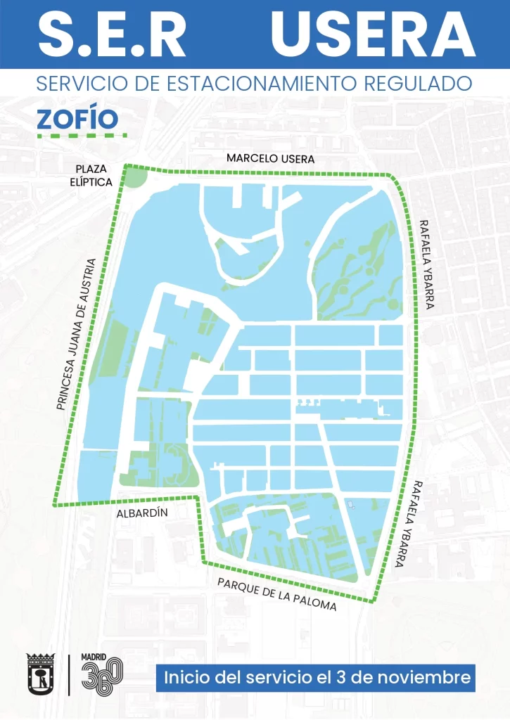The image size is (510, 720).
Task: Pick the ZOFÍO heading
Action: (x=77, y=117)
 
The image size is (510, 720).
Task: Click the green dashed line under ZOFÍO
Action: (x=81, y=134)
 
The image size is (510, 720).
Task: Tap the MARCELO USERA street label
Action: (x=270, y=159)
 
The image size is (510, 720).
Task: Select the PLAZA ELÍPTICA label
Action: (x=94, y=176)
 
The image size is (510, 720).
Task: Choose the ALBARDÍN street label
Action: (x=143, y=513)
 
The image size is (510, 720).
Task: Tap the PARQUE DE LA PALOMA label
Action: (x=276, y=595)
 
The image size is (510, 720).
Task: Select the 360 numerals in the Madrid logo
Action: (x=101, y=678)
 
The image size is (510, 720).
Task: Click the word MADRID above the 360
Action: (x=94, y=657)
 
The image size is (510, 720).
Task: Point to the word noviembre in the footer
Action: (x=429, y=678)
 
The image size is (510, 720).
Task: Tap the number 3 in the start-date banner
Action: (x=364, y=678)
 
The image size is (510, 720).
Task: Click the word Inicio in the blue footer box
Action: (x=185, y=678)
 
